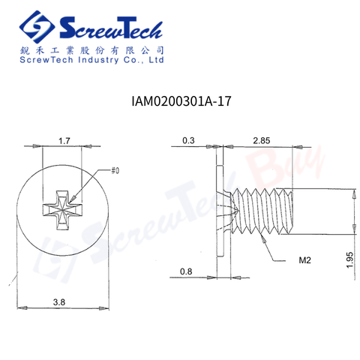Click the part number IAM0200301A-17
[181, 101]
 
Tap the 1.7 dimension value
[64, 141]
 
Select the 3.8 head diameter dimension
[59, 302]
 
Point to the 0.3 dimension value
[188, 140]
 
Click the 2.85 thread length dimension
[262, 140]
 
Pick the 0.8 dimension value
[186, 271]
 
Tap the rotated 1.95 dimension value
[350, 260]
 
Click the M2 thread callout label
[304, 260]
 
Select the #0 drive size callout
[115, 171]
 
